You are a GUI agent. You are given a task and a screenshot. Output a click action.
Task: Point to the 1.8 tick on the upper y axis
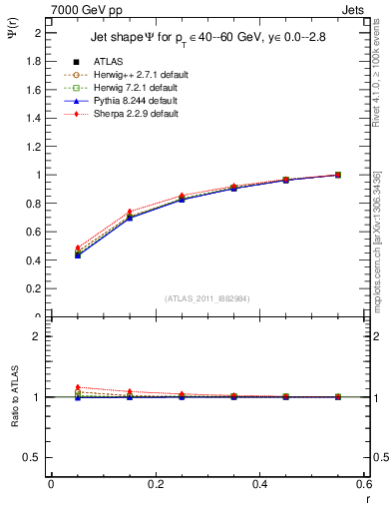(34, 61)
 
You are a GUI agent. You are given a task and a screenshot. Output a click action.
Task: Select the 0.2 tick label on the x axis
(155, 485)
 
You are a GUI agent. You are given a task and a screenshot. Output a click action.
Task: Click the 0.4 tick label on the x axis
(259, 485)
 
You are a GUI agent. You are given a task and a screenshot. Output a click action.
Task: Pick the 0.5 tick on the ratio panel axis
(33, 457)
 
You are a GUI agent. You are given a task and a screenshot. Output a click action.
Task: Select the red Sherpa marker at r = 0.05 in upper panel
(78, 248)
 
